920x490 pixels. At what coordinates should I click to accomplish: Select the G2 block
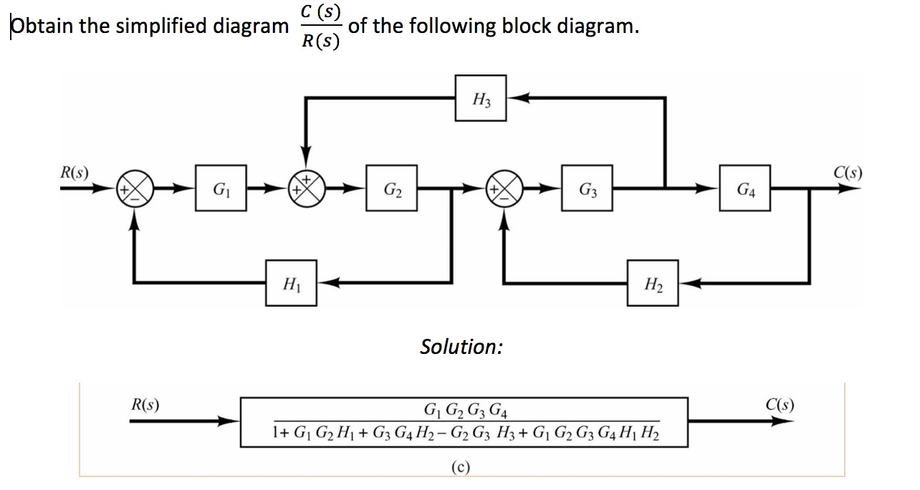(x=392, y=189)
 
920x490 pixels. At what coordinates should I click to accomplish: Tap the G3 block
(x=587, y=189)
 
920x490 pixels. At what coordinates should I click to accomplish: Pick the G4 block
(x=746, y=189)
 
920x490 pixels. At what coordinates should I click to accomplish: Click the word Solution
(x=461, y=347)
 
